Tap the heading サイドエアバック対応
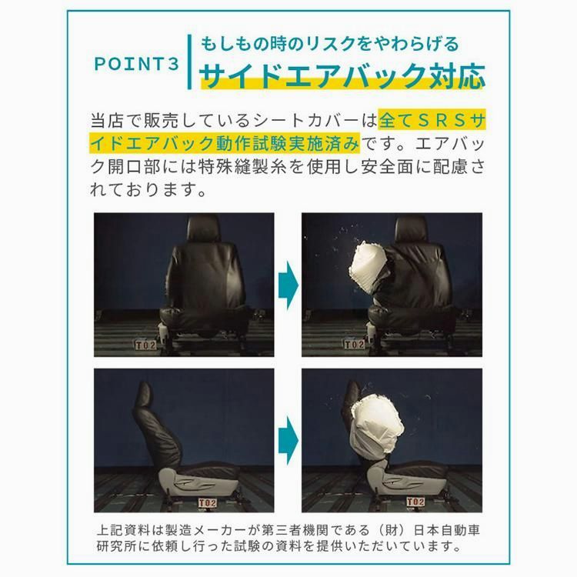[x=342, y=75]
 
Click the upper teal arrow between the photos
[x=288, y=282]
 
